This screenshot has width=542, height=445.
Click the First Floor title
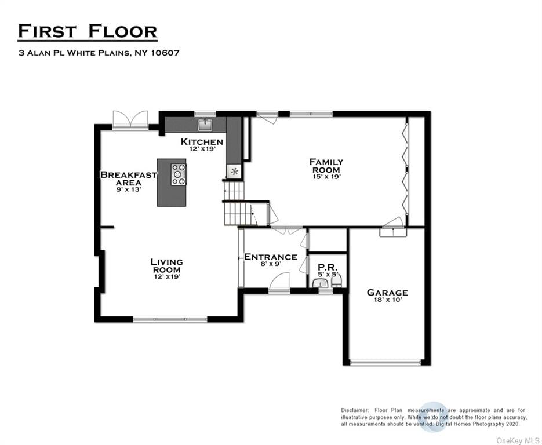coord(88,31)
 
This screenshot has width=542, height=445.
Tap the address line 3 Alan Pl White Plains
coord(99,53)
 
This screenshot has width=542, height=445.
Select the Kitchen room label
coord(202,141)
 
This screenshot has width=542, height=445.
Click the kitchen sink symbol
coord(205,125)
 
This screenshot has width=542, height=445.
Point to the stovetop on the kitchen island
coord(179,174)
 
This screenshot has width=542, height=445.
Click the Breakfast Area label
coord(129,178)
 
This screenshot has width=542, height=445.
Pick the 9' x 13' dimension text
coord(129,189)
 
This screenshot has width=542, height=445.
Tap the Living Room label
coord(166,266)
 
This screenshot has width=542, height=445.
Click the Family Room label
coord(326,166)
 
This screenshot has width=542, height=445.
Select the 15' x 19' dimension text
coord(327,177)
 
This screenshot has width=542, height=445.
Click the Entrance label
coord(271,257)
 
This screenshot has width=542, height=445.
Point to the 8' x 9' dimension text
coord(271,264)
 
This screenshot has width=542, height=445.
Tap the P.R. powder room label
coord(328,267)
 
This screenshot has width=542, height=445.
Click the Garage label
coord(387,293)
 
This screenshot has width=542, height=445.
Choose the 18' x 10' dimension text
coord(388,300)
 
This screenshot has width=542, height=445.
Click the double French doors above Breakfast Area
coord(130,119)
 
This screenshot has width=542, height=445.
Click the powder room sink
coord(321,284)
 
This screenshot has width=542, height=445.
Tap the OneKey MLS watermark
coord(517,441)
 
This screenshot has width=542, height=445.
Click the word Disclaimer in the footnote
coord(355,410)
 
